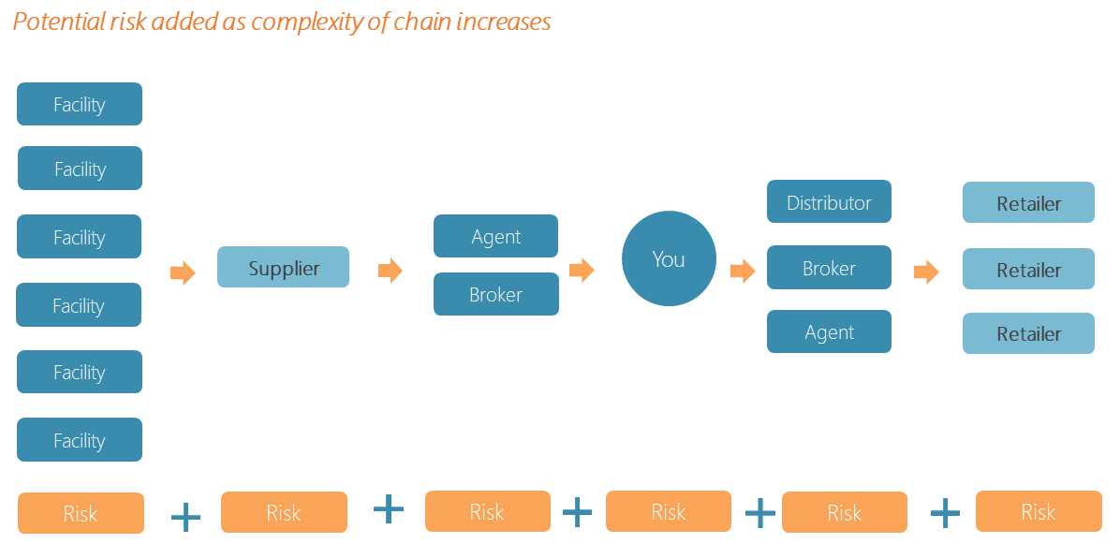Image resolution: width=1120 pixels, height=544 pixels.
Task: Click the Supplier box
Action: [283, 268]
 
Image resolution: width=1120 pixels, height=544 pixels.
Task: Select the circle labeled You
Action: [669, 259]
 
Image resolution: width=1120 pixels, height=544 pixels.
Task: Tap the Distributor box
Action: [829, 202]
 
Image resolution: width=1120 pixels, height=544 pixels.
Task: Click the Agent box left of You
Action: [495, 236]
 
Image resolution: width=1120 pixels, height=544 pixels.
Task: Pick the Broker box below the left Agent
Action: [495, 294]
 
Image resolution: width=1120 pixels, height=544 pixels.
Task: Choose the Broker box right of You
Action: [829, 268]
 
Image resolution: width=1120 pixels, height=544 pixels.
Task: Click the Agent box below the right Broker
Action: [829, 332]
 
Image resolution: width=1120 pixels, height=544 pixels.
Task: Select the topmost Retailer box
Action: [1028, 202]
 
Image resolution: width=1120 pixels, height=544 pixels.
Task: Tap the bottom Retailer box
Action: [1028, 333]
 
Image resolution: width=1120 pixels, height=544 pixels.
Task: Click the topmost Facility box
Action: [80, 104]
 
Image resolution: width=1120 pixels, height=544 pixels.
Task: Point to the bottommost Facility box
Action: [80, 440]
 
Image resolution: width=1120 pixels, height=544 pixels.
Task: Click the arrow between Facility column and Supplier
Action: [183, 273]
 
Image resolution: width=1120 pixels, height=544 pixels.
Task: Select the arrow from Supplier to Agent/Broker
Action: [390, 272]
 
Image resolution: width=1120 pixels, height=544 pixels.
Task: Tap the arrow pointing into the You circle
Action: [582, 271]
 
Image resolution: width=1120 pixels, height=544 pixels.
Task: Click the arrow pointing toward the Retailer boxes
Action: [926, 272]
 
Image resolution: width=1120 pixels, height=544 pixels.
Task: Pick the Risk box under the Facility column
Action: [81, 513]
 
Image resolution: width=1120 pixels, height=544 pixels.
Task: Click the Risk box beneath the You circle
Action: [668, 511]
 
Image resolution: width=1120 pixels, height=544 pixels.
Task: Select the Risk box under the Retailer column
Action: [1038, 511]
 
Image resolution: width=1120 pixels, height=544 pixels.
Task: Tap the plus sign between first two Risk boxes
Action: [185, 516]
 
